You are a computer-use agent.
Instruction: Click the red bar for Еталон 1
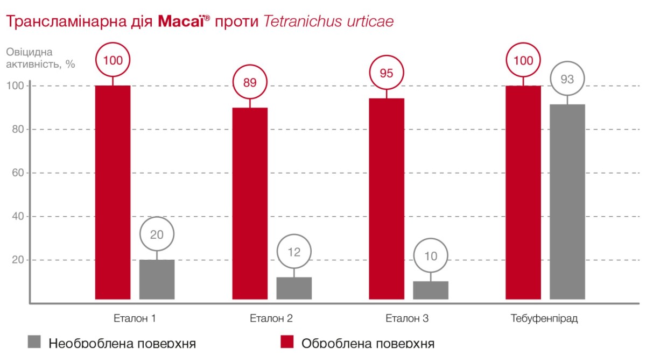point(113,192)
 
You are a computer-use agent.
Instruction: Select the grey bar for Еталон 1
point(157,279)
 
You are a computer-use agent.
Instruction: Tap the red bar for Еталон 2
point(250,203)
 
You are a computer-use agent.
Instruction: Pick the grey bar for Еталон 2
point(294,288)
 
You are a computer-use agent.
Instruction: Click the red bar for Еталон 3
point(387,198)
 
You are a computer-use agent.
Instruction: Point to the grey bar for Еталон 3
point(431,290)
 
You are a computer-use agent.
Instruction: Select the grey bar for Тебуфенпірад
point(567,201)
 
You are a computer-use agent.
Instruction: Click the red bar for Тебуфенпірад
point(523,192)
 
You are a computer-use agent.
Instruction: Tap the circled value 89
point(250,83)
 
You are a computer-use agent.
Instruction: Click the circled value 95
point(387,73)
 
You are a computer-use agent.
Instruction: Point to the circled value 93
point(567,79)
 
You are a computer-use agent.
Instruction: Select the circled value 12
point(294,252)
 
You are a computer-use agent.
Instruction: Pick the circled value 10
point(431,256)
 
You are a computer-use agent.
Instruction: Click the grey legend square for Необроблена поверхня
point(34,341)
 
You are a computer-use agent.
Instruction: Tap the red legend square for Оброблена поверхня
point(287,341)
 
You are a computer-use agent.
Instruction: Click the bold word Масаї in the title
point(180,22)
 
